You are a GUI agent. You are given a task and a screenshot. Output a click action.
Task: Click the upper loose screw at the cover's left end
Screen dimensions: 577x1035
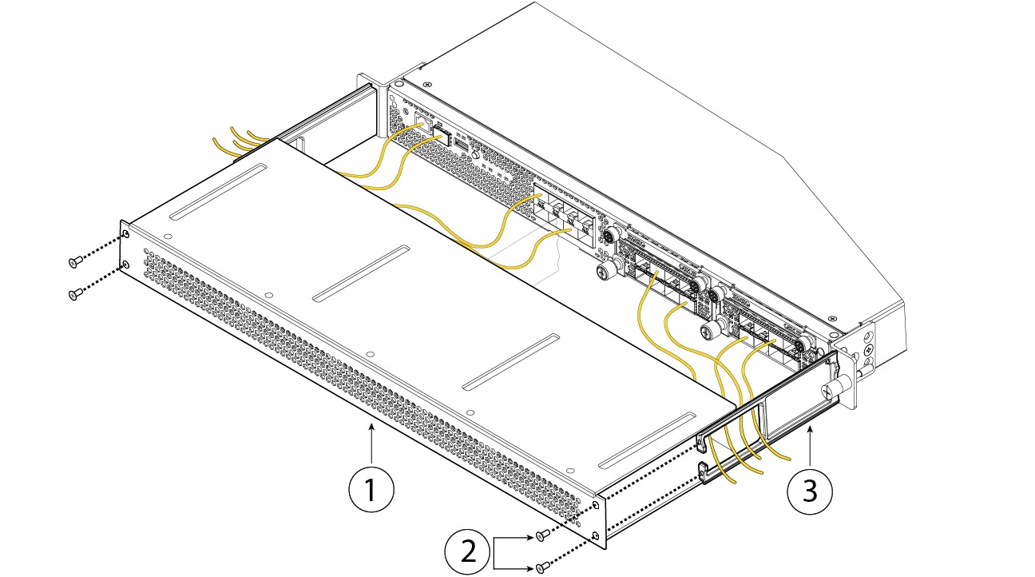(74, 261)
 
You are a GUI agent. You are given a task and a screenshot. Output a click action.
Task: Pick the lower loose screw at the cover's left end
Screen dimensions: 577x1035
(74, 295)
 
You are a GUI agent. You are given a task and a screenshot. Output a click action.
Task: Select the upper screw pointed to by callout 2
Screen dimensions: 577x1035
(541, 535)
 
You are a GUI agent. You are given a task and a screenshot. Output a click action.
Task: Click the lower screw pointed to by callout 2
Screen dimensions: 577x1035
(543, 567)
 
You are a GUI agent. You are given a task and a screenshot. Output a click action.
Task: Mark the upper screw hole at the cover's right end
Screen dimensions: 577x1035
(597, 505)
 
